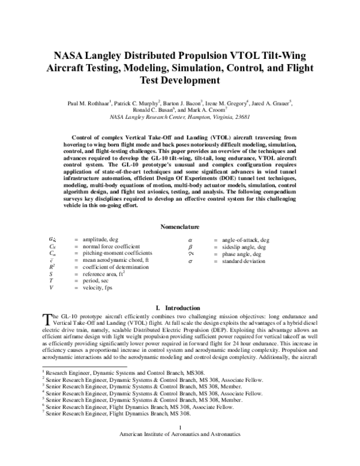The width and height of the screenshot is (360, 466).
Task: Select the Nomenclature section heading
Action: (180, 227)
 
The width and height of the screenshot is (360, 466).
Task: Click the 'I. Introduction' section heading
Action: (180, 308)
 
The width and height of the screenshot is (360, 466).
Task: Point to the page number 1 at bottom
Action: (180, 444)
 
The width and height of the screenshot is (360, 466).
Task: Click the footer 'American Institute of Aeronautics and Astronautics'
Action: (180, 450)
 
